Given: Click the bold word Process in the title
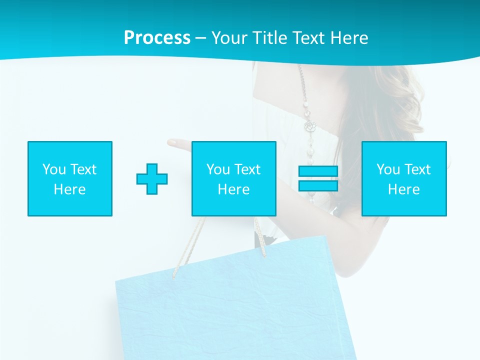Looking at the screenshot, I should tap(157, 38).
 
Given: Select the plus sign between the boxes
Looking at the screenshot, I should tap(152, 179).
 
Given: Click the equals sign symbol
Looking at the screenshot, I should tap(318, 178).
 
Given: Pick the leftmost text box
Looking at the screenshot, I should tap(70, 178).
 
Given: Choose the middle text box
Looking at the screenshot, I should tap(233, 178).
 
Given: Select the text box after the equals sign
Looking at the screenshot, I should tap(404, 178).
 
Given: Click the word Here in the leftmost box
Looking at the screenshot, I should tap(69, 189).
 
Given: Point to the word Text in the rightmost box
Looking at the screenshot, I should tap(417, 169).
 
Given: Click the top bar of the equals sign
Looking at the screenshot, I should tap(318, 171).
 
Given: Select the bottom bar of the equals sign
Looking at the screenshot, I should tap(318, 186).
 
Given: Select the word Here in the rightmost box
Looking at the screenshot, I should tap(403, 189).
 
